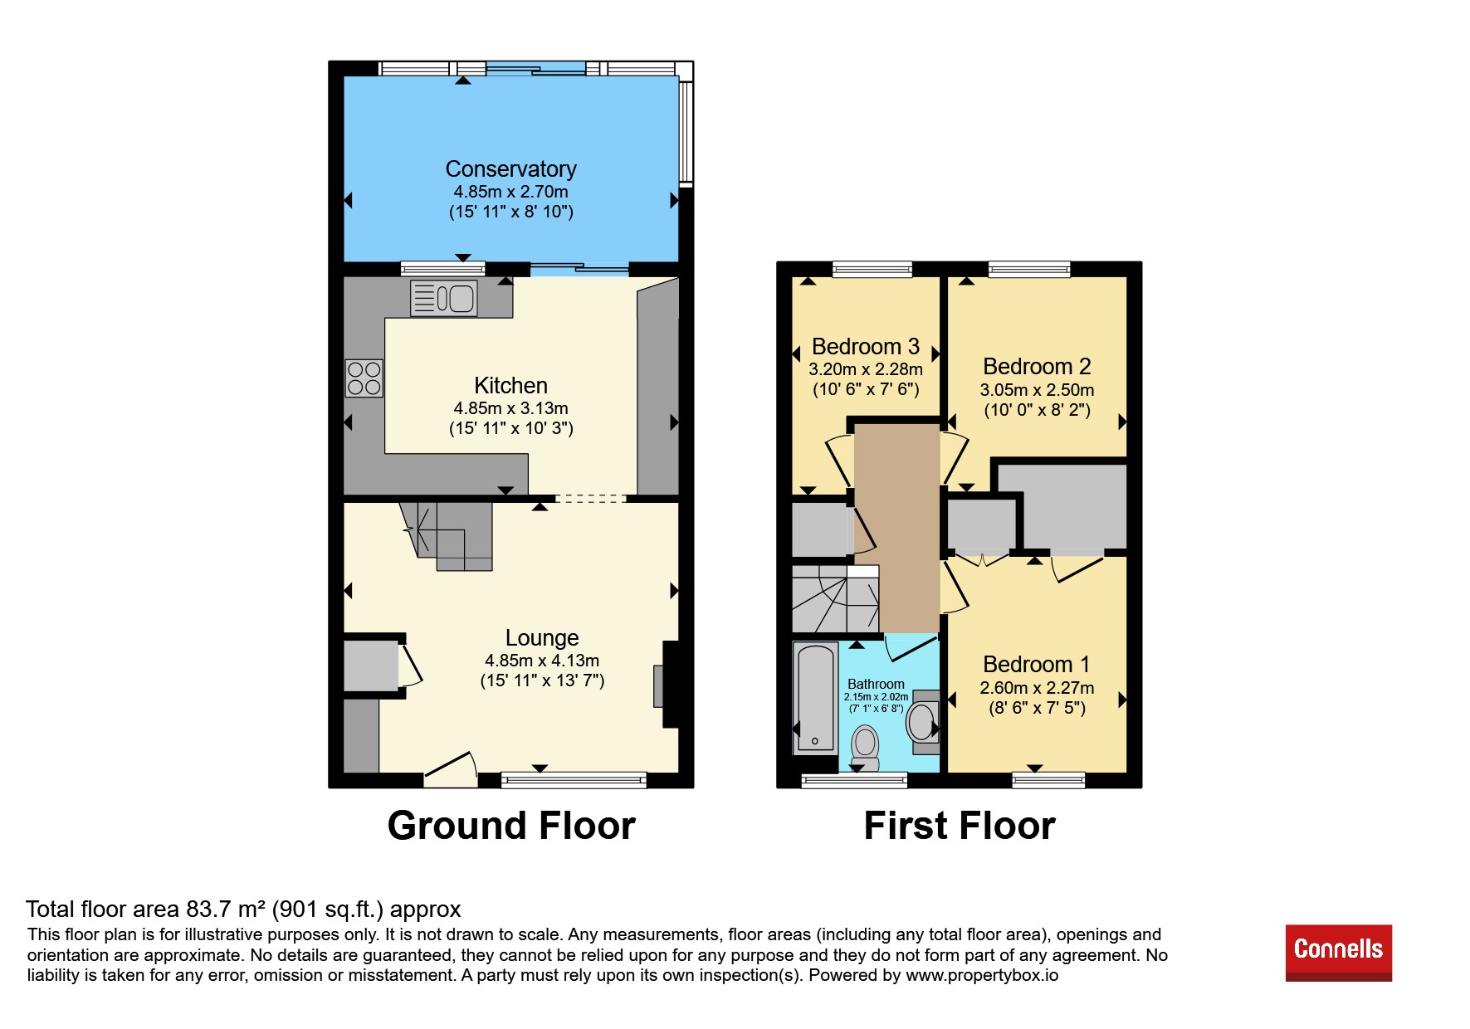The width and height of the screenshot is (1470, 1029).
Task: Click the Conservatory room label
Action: click(510, 168)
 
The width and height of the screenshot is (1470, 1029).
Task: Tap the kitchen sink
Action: click(444, 298)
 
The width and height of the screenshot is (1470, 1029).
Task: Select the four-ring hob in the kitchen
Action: click(364, 378)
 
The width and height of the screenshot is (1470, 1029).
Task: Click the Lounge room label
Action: click(542, 637)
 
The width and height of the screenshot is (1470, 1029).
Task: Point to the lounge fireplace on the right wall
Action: click(669, 685)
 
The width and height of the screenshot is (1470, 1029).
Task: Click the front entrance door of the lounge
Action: click(451, 769)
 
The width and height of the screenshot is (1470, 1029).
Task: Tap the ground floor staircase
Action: click(447, 535)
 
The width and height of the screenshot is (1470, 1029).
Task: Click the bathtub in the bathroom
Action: click(816, 698)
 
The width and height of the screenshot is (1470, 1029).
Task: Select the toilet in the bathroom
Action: click(865, 748)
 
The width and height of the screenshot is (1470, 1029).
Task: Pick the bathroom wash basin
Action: click(923, 721)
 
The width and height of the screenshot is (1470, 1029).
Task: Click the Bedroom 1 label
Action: click(1036, 664)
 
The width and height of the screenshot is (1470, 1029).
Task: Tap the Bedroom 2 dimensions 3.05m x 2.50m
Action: click(1037, 390)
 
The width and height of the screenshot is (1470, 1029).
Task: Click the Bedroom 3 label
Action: click(866, 346)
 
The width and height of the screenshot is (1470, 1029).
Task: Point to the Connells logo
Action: click(1339, 953)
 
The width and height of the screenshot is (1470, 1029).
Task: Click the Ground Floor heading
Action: click(511, 826)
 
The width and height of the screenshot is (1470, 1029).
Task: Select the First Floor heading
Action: click(960, 826)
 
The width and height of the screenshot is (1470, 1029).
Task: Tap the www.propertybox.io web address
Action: click(982, 975)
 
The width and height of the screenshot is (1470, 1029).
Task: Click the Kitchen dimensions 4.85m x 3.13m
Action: click(510, 408)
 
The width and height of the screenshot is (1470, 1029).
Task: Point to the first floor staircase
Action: click(836, 599)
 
